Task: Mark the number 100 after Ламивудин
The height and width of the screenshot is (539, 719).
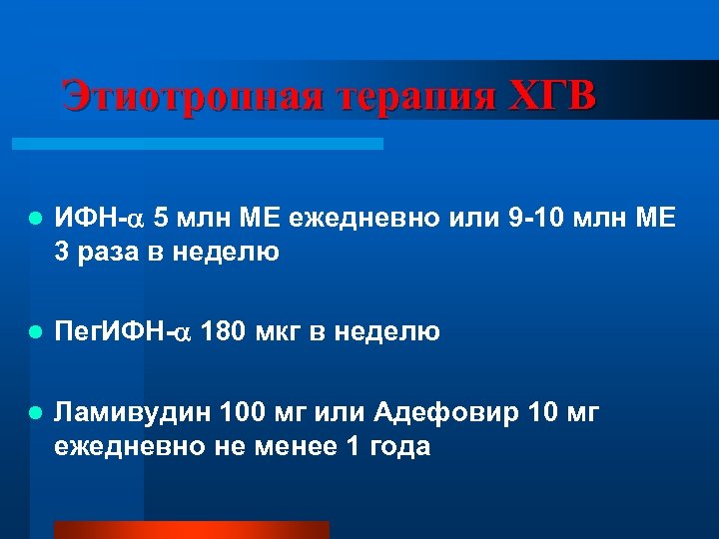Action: [x=243, y=411]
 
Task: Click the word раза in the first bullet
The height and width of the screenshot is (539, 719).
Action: [x=107, y=252]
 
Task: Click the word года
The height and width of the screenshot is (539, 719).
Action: [x=395, y=445]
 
